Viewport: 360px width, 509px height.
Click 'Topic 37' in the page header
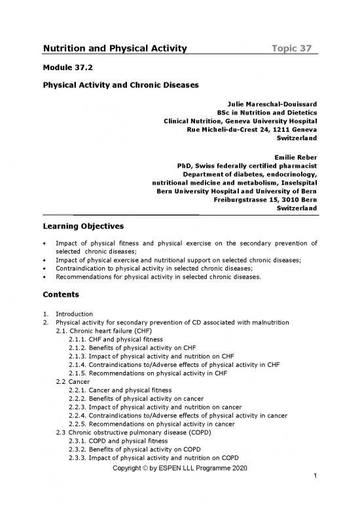point(295,48)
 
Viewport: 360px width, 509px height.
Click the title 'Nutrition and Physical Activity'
point(115,48)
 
